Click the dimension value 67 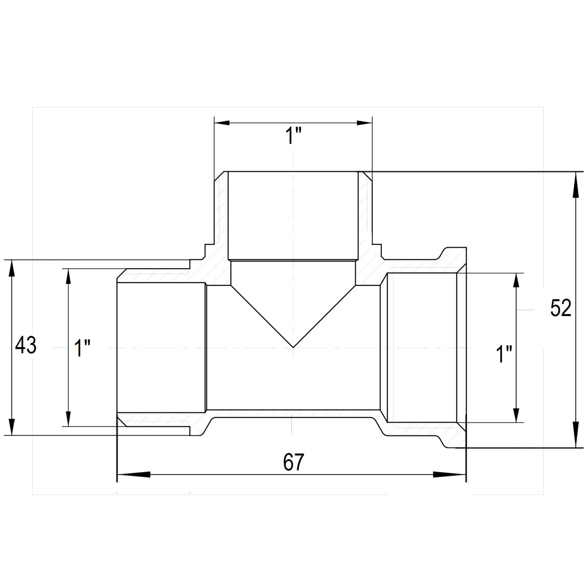tap(293, 462)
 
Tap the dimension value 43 tap(26, 345)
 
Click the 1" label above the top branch tap(293, 136)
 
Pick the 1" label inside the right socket tap(504, 354)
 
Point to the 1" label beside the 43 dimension tap(82, 348)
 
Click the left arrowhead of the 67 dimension tap(134, 475)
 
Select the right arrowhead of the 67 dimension tap(449, 475)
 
